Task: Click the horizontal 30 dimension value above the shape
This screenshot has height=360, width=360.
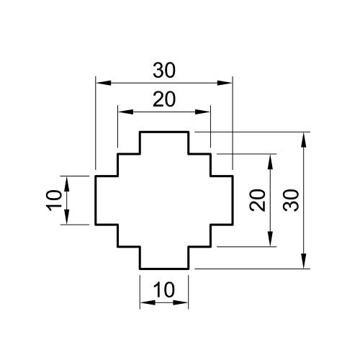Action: [165, 70]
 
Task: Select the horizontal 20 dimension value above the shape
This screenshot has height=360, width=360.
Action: [164, 100]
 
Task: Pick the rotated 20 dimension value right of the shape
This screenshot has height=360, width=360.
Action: [258, 199]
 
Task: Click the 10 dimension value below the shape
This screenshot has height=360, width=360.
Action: [164, 289]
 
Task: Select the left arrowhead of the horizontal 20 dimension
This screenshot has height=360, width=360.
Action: [123, 112]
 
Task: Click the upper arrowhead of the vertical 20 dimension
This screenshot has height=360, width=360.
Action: [271, 159]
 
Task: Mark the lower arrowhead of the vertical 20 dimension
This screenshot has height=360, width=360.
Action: [271, 240]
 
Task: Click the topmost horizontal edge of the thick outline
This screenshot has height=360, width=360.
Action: [164, 132]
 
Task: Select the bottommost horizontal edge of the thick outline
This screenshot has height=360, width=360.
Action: [164, 268]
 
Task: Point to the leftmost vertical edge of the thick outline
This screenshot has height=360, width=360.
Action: [96, 199]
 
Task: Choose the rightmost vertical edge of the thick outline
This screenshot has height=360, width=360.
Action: [233, 199]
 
